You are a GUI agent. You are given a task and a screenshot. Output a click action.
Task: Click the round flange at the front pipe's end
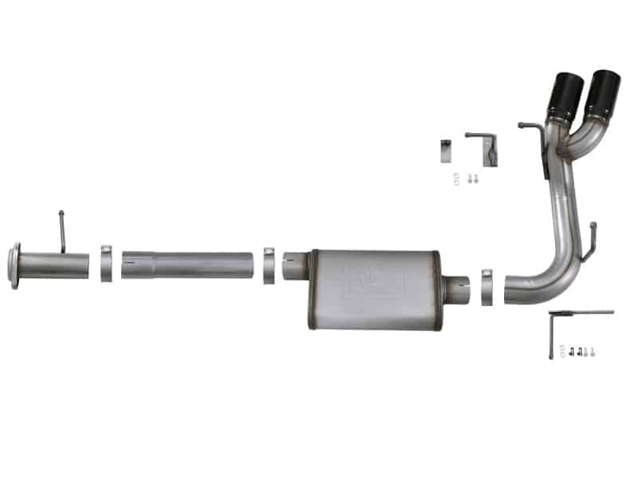tap(14, 265)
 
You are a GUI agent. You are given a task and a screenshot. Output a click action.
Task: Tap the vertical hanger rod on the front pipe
tap(62, 231)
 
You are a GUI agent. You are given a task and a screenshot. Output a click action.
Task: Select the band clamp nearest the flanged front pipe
tap(106, 264)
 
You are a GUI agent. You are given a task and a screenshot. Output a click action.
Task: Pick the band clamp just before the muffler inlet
tap(270, 265)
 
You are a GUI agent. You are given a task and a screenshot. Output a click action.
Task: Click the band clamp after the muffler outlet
tap(488, 287)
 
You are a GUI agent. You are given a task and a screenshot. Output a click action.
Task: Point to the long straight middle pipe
tap(191, 265)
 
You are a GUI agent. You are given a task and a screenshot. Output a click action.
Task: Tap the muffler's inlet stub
tap(296, 265)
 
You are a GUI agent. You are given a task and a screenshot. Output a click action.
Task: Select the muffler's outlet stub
tap(457, 288)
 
